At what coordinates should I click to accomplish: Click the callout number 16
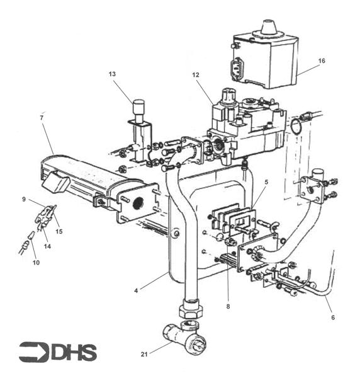point(322,60)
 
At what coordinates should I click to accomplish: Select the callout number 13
point(112,74)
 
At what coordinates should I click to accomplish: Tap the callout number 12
point(196,75)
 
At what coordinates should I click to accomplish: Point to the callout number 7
point(42,118)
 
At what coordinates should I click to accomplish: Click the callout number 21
point(144,354)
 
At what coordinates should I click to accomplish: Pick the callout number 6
point(333,318)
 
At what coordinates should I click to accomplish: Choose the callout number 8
point(228,306)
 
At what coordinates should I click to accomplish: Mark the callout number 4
point(136,290)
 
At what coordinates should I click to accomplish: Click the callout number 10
point(36,262)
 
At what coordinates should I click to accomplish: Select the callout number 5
point(266,182)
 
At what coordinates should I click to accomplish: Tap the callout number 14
point(47,246)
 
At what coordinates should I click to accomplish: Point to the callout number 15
point(59,231)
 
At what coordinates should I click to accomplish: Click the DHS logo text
point(74,352)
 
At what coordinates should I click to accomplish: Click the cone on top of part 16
point(269,27)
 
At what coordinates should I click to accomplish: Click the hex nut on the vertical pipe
point(191,309)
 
